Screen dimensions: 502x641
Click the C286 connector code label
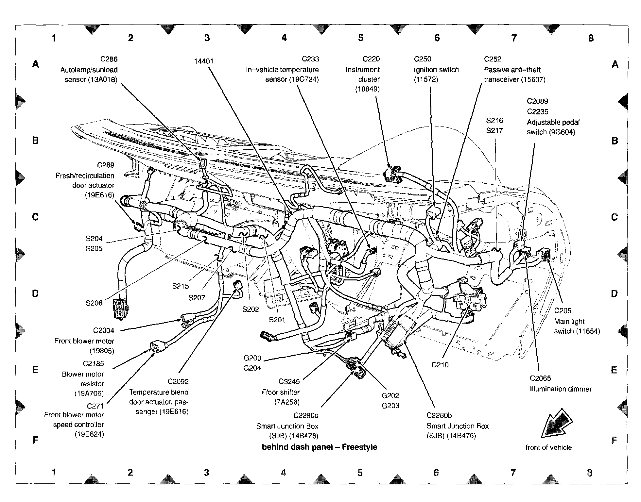coord(109,59)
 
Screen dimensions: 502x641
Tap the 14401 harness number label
coord(203,61)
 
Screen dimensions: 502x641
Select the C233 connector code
coord(310,59)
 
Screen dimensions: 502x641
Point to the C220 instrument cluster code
coord(371,59)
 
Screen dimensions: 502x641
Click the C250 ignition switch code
coord(422,59)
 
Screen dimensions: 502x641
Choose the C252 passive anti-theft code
coord(493,59)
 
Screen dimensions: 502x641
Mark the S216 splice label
coord(494,121)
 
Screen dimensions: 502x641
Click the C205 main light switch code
coord(563,311)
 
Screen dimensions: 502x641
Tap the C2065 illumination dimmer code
coord(540,378)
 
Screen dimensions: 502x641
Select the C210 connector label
coord(440,365)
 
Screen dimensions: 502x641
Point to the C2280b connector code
coord(439,415)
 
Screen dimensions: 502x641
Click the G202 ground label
coord(390,396)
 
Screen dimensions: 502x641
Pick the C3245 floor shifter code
coord(289,381)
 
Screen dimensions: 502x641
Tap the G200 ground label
coord(252,358)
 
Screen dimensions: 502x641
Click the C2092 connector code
coord(178,381)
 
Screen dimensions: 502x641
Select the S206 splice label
coord(94,303)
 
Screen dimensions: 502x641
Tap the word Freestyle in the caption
coord(359,447)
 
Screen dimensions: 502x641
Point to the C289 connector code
coord(105,165)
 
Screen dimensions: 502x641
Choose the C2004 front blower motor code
coord(104,330)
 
